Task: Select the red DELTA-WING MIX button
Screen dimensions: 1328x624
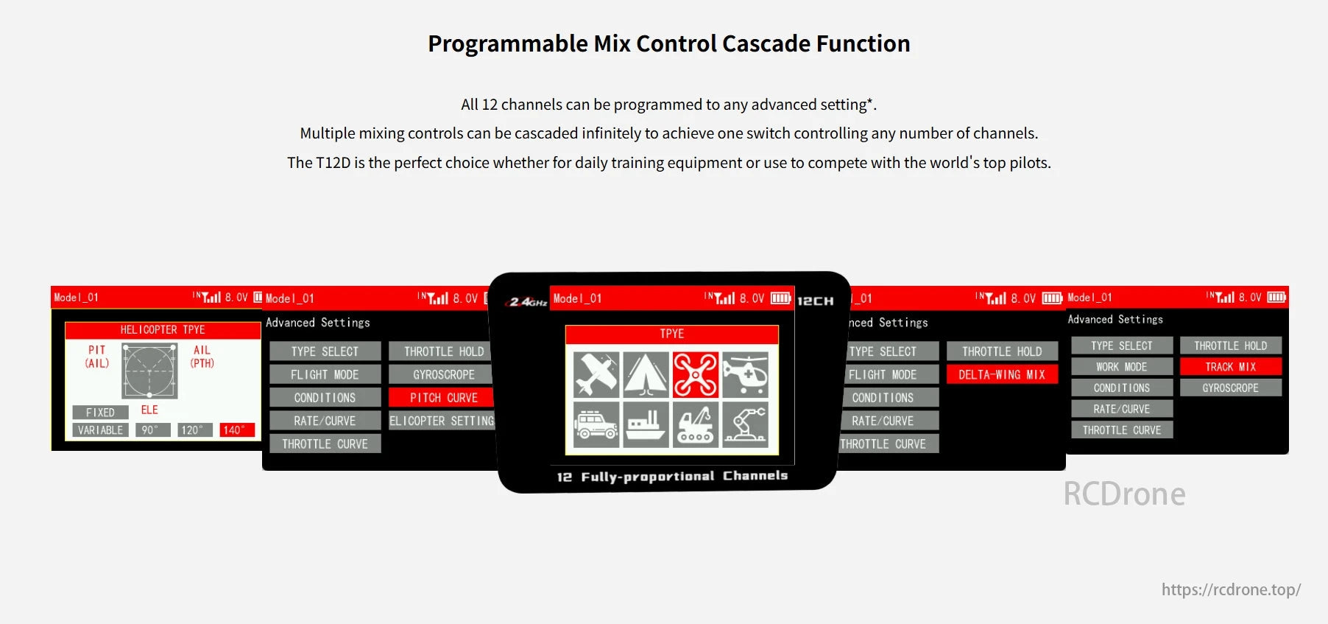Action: point(1001,374)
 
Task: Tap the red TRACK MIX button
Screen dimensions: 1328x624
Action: point(1230,367)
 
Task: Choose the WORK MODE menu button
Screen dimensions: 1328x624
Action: point(1121,367)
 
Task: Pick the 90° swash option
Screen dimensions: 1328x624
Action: point(153,430)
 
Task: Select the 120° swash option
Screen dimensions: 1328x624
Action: point(195,430)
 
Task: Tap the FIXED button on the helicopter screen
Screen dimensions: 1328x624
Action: point(101,413)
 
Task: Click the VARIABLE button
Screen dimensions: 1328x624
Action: point(101,430)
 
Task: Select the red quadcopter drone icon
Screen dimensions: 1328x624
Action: point(695,374)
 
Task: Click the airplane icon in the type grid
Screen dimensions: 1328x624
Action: point(596,374)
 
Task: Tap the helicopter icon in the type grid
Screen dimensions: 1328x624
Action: point(745,374)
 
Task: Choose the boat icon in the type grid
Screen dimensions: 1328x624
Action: point(646,424)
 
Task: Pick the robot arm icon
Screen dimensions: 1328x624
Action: point(745,424)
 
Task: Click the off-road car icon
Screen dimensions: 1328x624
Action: point(596,424)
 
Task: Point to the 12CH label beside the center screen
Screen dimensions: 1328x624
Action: point(816,301)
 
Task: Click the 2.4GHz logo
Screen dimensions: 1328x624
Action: point(527,301)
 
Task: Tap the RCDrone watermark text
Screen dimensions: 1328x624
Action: point(1124,494)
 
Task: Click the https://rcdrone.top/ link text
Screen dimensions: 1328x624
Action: point(1231,589)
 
